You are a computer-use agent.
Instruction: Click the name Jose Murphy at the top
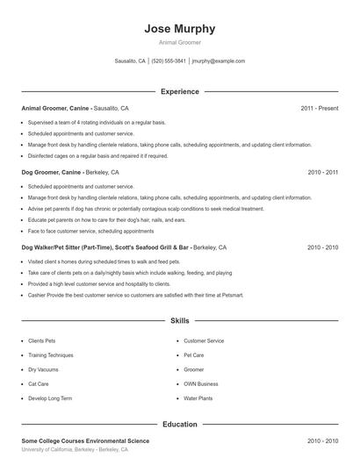point(180,29)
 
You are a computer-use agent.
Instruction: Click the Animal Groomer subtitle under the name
point(180,42)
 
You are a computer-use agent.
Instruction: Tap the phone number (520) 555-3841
point(169,61)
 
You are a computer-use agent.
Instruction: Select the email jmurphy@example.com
point(219,61)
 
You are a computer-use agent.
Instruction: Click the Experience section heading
point(180,91)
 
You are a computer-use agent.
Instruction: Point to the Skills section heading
point(180,322)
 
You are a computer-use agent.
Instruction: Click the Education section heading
point(180,424)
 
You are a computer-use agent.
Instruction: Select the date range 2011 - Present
point(319,108)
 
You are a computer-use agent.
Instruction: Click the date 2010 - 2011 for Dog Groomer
point(322,173)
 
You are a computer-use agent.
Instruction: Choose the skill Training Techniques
point(51,355)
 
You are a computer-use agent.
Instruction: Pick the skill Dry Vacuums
point(43,369)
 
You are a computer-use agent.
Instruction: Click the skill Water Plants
point(198,398)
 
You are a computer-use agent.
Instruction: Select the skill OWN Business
point(201,383)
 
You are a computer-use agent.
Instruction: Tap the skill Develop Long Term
point(50,398)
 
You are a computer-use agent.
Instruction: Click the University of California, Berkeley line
point(75,449)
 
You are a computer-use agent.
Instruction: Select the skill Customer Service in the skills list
point(204,340)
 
